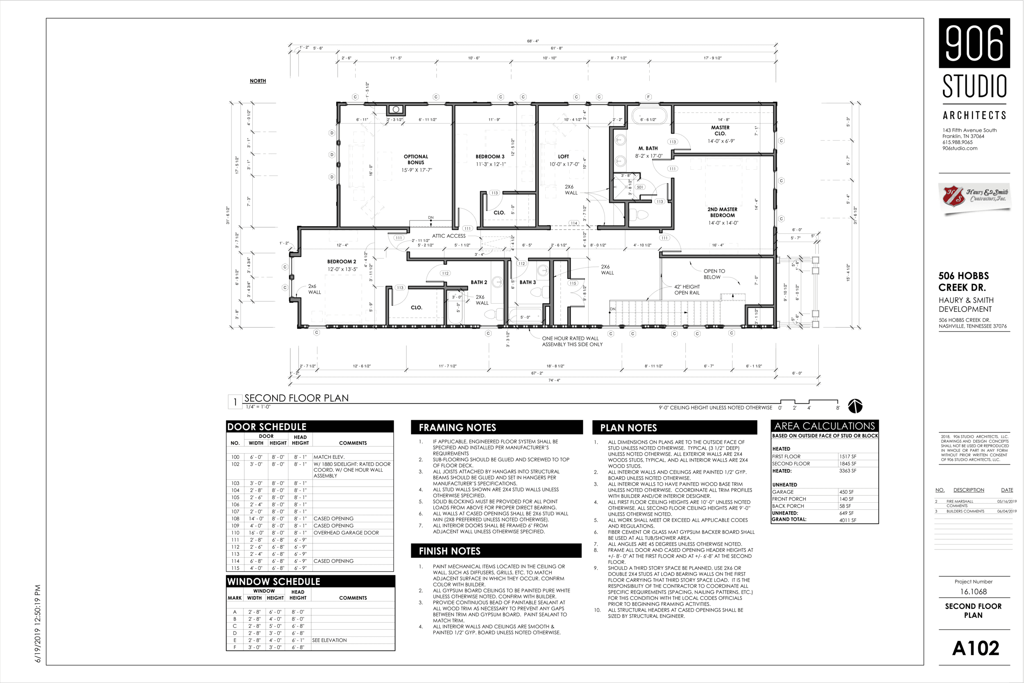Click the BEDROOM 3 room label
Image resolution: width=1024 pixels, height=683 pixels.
[490, 157]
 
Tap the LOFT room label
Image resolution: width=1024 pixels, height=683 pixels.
[563, 157]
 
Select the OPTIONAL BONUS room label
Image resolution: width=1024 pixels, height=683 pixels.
[416, 159]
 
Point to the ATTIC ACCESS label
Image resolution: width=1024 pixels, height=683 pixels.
[449, 236]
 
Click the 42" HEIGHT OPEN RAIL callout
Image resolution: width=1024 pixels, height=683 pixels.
[687, 290]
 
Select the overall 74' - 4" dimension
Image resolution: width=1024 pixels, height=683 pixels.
[554, 380]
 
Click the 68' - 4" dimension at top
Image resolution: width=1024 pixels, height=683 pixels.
[533, 41]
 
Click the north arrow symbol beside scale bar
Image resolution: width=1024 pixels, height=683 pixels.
[855, 406]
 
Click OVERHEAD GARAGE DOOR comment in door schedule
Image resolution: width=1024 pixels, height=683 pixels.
[346, 533]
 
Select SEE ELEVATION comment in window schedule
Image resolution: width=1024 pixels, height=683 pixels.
[329, 640]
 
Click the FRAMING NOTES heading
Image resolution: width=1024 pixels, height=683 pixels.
[457, 428]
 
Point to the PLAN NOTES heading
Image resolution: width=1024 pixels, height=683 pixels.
[628, 428]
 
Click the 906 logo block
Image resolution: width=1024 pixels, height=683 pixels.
[974, 43]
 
